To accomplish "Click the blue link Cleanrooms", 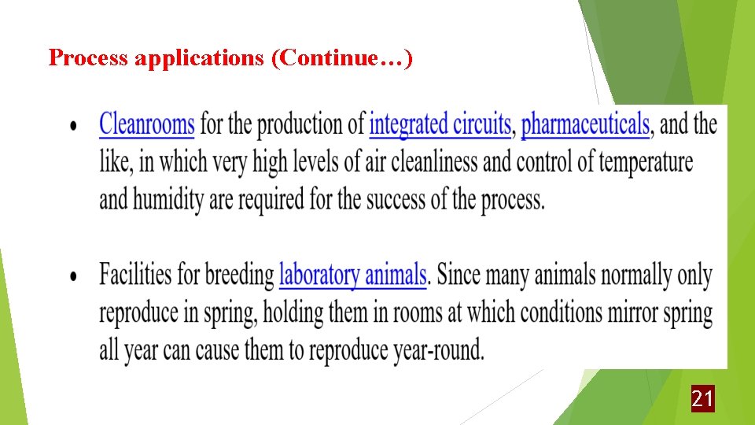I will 146,124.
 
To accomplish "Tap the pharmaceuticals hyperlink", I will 585,124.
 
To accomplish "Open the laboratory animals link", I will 352,275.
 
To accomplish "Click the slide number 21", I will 702,399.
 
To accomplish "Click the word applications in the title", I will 199,58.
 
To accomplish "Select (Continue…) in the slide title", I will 341,58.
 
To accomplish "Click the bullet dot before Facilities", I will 74,278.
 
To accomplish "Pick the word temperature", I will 646,162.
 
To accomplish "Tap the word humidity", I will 169,200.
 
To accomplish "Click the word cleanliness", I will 434,162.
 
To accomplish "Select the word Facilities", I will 135,275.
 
